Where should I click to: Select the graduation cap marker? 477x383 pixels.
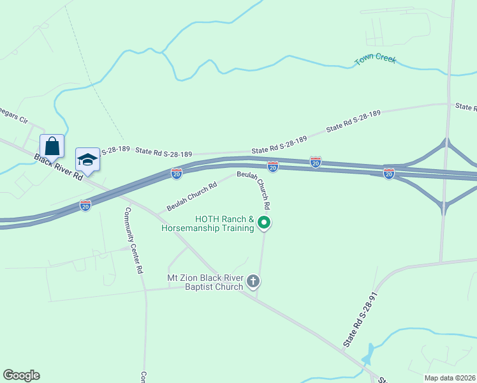point(87,160)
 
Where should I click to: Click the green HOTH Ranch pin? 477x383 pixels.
point(264,223)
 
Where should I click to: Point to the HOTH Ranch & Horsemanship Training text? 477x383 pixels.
point(209,224)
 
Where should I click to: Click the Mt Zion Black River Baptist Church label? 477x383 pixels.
point(205,282)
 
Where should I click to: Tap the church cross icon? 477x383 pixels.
point(253,281)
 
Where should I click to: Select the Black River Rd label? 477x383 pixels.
point(59,167)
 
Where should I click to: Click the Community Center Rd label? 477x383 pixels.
point(133,241)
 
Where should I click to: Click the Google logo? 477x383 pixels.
point(21,375)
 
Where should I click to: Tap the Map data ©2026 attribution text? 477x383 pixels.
point(450,378)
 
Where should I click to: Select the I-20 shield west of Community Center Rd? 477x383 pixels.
point(85,206)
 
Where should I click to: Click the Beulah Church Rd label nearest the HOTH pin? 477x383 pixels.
point(254,190)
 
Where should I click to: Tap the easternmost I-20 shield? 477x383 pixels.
point(388,173)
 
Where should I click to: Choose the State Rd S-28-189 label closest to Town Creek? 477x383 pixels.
point(353,121)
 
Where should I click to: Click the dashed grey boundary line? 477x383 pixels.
point(89,77)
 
